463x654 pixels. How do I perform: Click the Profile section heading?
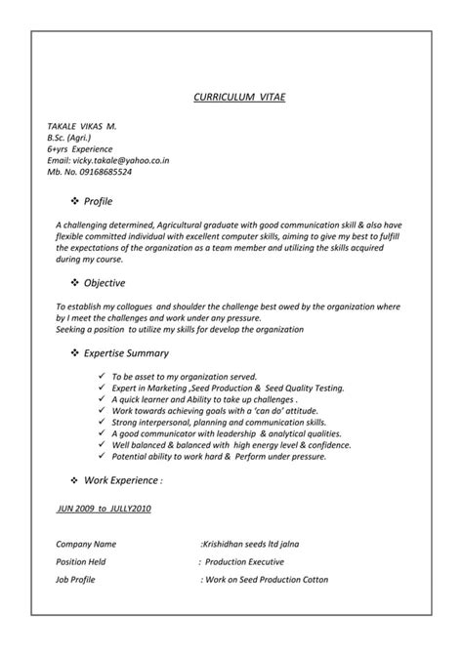coord(98,201)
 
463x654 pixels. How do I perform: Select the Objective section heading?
coord(104,283)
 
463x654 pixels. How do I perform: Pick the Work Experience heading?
coord(123,481)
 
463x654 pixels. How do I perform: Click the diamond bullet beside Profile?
coord(74,201)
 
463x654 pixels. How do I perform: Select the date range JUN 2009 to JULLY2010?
coord(104,509)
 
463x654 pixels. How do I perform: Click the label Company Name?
coord(86,543)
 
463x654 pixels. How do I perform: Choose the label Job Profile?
coord(77,580)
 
